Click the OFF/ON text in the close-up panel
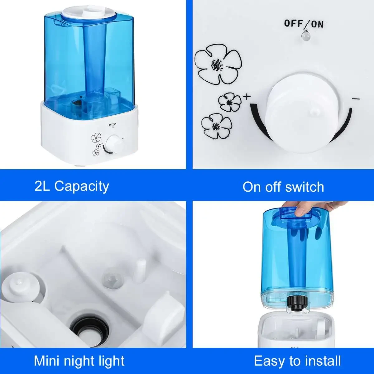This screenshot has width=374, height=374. click(x=304, y=24)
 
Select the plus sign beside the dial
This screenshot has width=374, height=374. click(x=247, y=96)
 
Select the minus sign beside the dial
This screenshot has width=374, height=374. click(x=356, y=99)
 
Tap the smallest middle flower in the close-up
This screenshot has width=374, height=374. click(x=230, y=102)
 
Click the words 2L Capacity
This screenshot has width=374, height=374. click(x=72, y=186)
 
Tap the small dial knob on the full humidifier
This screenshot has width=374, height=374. click(x=113, y=144)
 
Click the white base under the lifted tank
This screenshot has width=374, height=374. click(x=295, y=330)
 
